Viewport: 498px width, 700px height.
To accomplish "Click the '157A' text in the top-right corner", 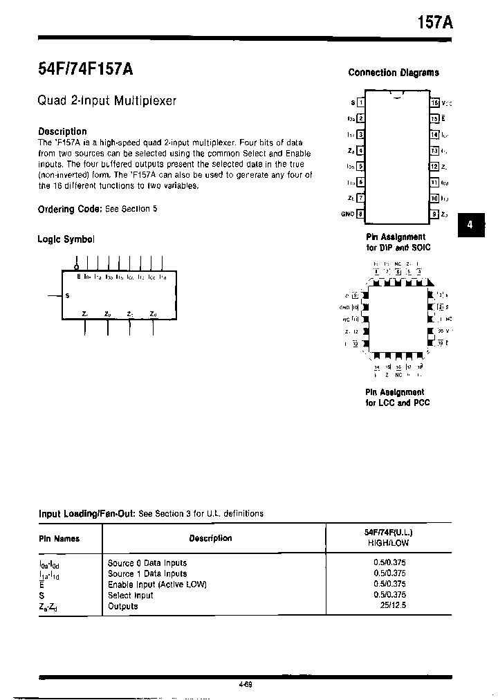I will [x=435, y=21].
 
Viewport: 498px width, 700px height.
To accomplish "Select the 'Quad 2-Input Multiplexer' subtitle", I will [x=107, y=100].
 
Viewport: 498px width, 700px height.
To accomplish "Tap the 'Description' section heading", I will [x=62, y=131].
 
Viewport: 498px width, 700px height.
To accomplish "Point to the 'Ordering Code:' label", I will [x=70, y=208].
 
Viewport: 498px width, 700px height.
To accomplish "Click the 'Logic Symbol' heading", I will [x=66, y=239].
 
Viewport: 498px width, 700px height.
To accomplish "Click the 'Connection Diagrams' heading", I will [x=393, y=73].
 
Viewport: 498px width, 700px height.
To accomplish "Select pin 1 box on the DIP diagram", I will [x=360, y=102].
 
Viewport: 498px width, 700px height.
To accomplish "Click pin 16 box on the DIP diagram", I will [x=434, y=102].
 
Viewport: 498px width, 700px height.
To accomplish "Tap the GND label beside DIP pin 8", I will [x=347, y=214].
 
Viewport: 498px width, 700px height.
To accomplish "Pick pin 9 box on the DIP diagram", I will [x=434, y=214].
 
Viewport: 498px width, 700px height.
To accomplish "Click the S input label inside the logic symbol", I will [x=67, y=296].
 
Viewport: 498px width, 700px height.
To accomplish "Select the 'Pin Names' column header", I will [x=59, y=538].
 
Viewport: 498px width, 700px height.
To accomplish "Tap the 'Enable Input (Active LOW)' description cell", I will [x=157, y=584].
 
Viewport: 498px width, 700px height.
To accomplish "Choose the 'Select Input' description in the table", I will [x=130, y=595].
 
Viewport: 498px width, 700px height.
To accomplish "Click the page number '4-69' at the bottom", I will [x=245, y=685].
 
